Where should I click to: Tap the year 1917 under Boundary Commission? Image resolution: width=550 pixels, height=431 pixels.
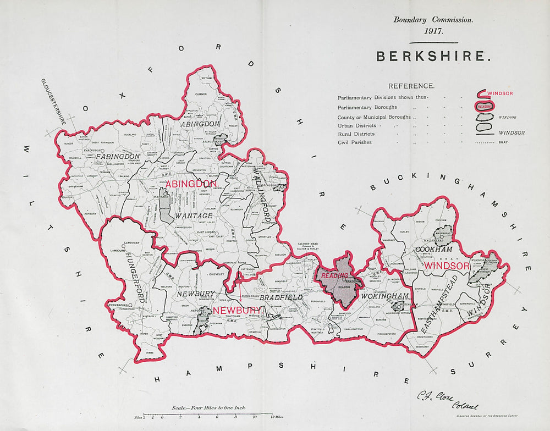click(433, 31)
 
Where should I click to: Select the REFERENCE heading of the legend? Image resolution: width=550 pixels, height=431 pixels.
click(411, 86)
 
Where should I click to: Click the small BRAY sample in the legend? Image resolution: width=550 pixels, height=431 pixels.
click(503, 142)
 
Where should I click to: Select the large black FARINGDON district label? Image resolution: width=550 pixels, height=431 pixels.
click(118, 157)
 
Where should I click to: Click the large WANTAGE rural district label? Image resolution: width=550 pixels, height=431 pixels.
click(194, 216)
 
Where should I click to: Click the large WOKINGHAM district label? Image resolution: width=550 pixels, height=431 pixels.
click(385, 297)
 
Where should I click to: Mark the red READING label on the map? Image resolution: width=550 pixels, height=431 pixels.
click(334, 275)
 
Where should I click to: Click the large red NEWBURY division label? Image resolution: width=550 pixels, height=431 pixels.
click(237, 311)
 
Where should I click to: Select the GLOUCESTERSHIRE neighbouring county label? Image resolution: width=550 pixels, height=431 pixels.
click(53, 102)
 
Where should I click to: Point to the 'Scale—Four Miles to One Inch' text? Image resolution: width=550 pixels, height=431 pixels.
click(208, 408)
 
